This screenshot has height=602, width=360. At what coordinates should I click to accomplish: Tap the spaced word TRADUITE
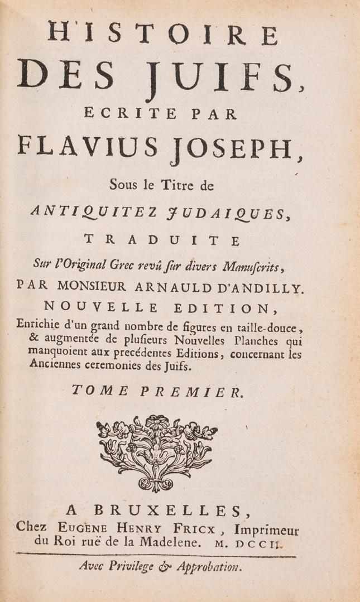point(161,240)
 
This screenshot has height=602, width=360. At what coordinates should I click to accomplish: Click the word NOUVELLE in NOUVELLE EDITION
point(94,306)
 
